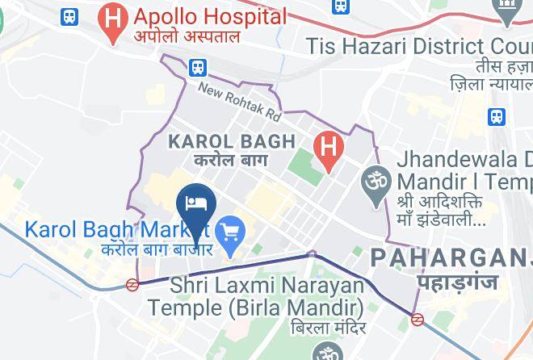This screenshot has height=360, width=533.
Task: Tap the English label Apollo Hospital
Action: (210, 16)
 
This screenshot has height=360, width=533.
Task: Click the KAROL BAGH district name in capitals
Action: (231, 142)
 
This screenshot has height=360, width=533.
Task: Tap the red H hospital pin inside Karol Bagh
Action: (328, 149)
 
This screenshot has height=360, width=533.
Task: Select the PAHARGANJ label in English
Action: (451, 258)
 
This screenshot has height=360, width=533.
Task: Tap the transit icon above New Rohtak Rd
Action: (198, 67)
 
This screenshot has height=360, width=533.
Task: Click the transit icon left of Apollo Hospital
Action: (69, 15)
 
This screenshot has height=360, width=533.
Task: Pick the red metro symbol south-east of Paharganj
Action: (418, 319)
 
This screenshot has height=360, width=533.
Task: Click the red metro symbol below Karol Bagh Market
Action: (132, 283)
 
